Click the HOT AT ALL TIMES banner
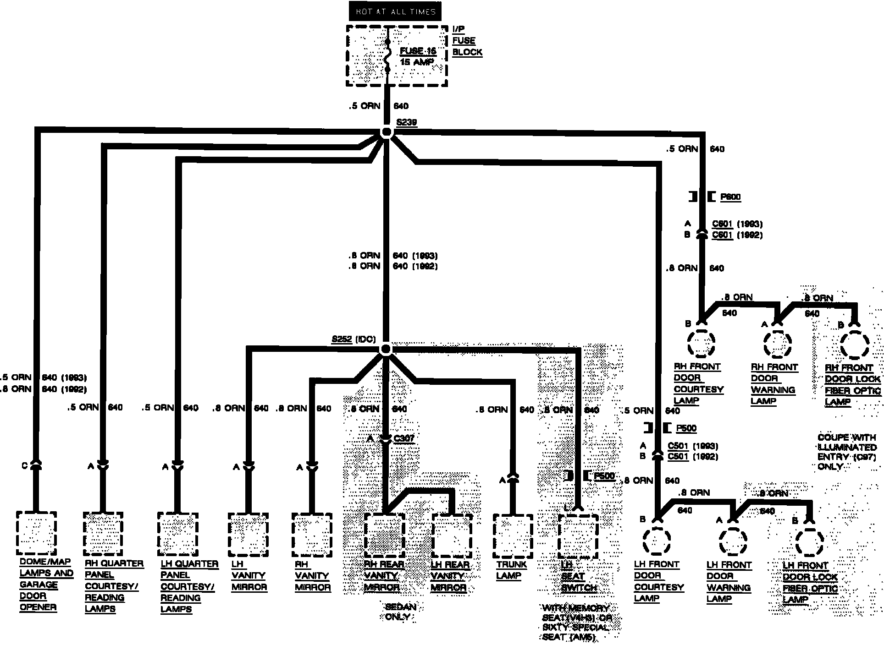pyautogui.click(x=395, y=12)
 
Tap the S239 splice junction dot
pyautogui.click(x=387, y=133)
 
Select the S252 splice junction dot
pyautogui.click(x=386, y=350)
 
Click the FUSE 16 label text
pyautogui.click(x=418, y=51)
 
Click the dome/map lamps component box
pyautogui.click(x=36, y=533)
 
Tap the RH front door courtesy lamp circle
pyautogui.click(x=701, y=343)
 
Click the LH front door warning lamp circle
pyautogui.click(x=732, y=542)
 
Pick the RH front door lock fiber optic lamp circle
pyautogui.click(x=855, y=344)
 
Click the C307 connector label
pyautogui.click(x=404, y=438)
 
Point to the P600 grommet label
pyautogui.click(x=730, y=197)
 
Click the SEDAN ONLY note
pyautogui.click(x=400, y=612)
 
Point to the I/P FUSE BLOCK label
pyautogui.click(x=466, y=41)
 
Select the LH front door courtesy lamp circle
pyautogui.click(x=657, y=541)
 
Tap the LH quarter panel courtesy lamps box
pyautogui.click(x=177, y=534)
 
